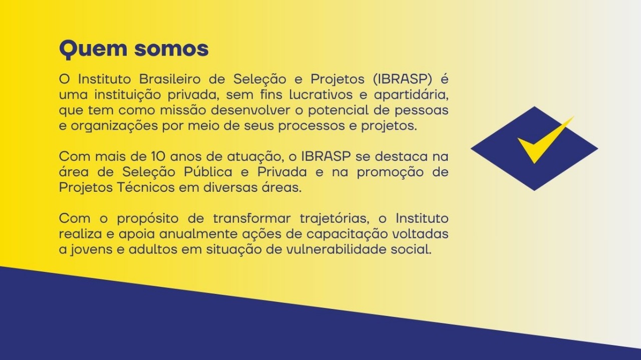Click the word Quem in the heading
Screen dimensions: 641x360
[93, 50]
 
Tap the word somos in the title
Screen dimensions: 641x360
[171, 49]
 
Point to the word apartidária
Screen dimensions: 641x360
[411, 95]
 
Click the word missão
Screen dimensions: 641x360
[183, 110]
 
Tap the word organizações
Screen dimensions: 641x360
[114, 126]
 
